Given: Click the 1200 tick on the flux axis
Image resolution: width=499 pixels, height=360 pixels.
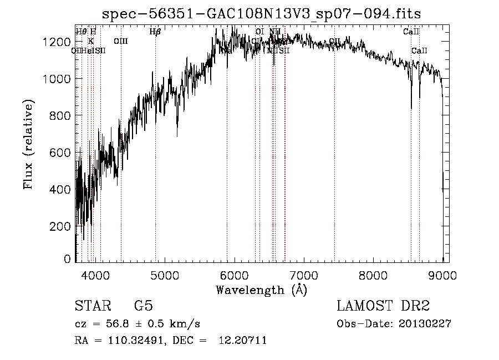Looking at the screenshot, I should click(x=59, y=42).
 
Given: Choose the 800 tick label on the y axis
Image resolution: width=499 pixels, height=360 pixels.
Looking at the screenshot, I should click(x=62, y=116).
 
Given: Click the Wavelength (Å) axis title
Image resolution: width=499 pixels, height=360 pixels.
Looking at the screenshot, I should click(x=261, y=290).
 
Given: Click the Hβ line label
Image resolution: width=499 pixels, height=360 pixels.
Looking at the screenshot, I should click(x=155, y=32).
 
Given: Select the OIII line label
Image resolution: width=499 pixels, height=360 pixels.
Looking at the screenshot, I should click(x=120, y=41).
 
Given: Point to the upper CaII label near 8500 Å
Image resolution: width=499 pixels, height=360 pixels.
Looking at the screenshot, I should click(x=411, y=32).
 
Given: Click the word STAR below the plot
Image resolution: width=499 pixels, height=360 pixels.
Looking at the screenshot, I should click(x=90, y=307).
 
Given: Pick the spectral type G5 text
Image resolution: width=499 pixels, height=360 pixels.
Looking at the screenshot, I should click(x=143, y=307).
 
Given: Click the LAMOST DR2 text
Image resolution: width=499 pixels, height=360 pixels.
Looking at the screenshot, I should click(x=383, y=307).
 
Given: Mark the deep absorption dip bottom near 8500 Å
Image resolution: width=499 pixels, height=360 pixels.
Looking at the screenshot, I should click(x=411, y=108).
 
